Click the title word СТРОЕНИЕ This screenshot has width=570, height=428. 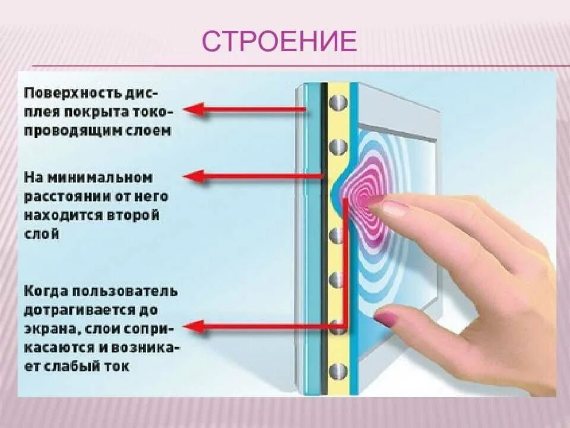point(280,41)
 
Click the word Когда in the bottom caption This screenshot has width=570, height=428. point(46,291)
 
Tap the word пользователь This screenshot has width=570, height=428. point(126,291)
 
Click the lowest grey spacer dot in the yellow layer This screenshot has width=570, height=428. point(338,370)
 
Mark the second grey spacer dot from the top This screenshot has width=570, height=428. point(338,146)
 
